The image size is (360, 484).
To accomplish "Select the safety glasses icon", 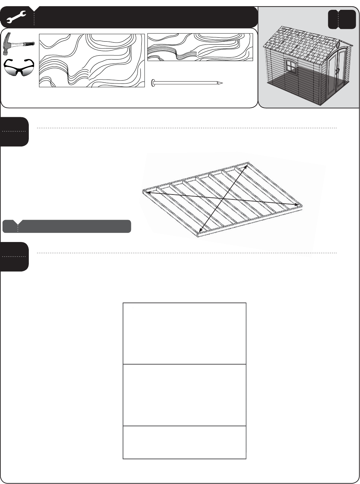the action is [x=18, y=67].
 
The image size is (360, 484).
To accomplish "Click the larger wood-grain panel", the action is [x=92, y=60].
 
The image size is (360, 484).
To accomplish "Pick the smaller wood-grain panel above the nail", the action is [x=200, y=47].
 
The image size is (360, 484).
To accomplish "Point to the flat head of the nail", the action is [x=153, y=83].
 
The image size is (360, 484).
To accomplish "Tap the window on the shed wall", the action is [x=290, y=66].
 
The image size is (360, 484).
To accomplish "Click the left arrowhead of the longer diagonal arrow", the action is [x=148, y=193].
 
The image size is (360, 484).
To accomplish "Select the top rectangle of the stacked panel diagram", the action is [x=184, y=333].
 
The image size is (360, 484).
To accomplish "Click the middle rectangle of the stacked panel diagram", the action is [x=184, y=395].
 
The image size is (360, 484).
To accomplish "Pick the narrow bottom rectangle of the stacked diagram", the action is [x=184, y=442].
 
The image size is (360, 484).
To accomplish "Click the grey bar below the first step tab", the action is [x=67, y=226].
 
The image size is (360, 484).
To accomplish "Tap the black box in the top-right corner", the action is [x=342, y=19].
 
